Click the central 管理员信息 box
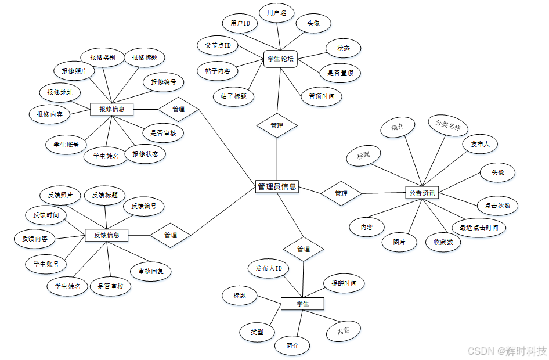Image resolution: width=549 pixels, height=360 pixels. click(x=277, y=186)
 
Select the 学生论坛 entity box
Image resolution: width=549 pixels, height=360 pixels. click(x=280, y=58)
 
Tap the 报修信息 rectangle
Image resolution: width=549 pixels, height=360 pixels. click(x=111, y=109)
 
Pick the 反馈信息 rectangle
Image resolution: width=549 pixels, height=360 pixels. click(x=106, y=235)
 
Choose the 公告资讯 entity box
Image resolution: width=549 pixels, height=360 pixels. click(x=422, y=192)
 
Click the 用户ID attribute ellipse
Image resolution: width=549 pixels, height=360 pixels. click(x=240, y=23)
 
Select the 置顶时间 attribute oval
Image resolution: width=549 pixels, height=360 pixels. click(x=321, y=96)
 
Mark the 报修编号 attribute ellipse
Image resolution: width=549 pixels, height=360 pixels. click(x=164, y=82)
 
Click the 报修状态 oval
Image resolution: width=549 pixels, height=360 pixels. click(x=145, y=154)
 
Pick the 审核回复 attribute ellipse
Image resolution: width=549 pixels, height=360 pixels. click(x=150, y=271)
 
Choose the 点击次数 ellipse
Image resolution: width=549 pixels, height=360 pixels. click(x=497, y=206)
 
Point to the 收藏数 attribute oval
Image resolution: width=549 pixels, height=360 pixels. click(x=443, y=243)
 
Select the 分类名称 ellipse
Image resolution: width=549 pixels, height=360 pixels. click(x=447, y=125)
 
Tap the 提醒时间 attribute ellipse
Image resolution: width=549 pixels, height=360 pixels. click(x=344, y=283)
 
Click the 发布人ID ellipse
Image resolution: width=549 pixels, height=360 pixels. click(x=268, y=268)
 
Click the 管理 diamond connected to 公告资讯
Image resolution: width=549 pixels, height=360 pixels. click(x=341, y=193)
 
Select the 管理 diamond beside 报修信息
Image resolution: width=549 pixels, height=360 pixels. click(x=178, y=109)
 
